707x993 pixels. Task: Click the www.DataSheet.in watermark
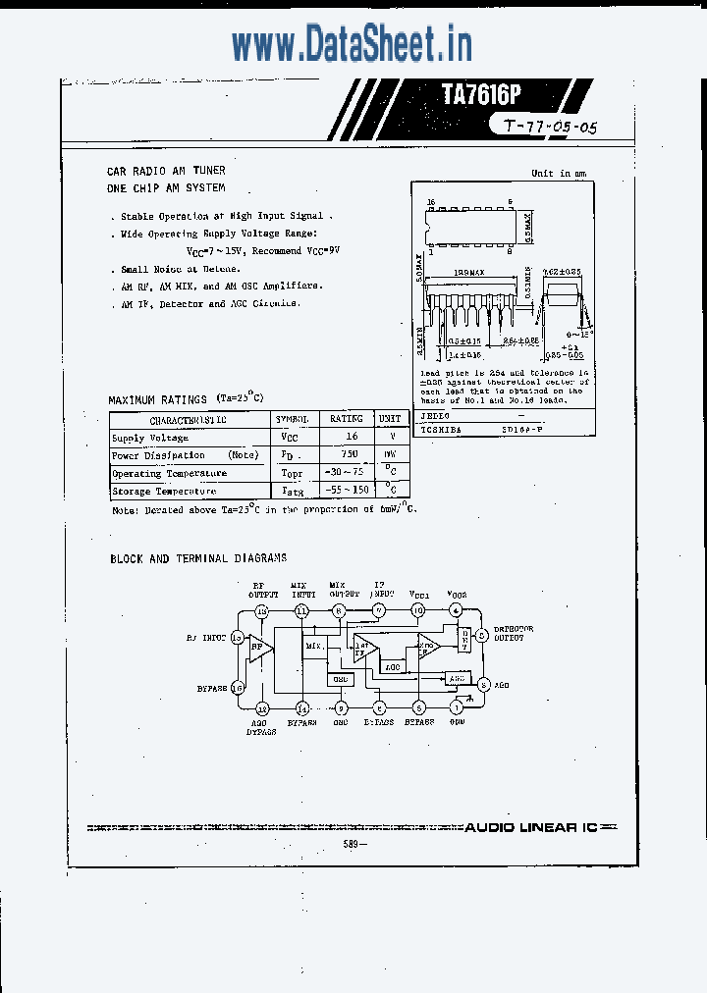(352, 44)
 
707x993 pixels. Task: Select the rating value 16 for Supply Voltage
(353, 437)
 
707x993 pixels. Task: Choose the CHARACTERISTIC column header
(190, 419)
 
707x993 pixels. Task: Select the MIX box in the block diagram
(313, 646)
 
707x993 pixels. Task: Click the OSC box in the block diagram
(340, 679)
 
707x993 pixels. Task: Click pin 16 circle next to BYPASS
(237, 688)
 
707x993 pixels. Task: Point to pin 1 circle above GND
(456, 707)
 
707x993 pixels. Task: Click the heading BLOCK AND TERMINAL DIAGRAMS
(198, 558)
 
